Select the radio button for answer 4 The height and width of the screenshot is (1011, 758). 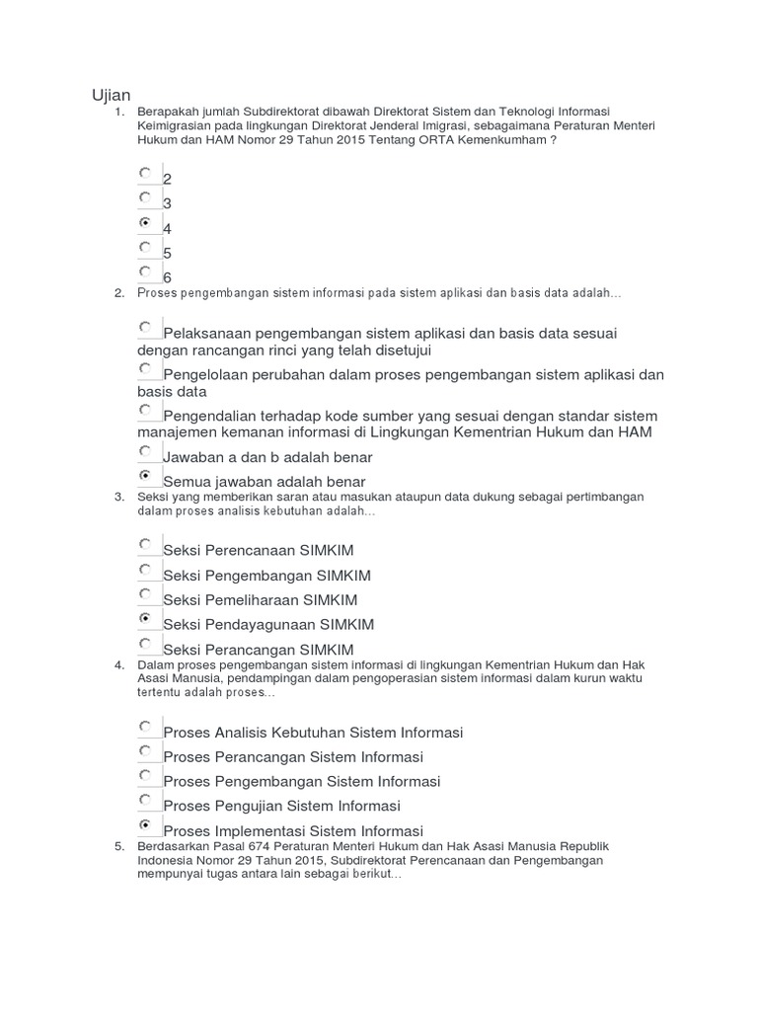(x=146, y=222)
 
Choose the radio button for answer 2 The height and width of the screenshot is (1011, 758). (x=146, y=173)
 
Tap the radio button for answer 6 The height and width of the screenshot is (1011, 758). (x=146, y=271)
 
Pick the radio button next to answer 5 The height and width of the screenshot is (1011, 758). (x=146, y=247)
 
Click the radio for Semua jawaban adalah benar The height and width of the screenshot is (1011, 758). (x=146, y=475)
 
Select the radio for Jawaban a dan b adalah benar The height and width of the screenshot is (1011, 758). (x=146, y=451)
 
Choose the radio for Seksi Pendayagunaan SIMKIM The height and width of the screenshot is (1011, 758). (x=146, y=618)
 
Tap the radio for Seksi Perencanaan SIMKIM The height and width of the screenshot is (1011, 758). (x=146, y=544)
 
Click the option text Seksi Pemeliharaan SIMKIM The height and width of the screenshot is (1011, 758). (x=260, y=600)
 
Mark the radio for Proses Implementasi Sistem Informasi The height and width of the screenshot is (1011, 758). (x=146, y=823)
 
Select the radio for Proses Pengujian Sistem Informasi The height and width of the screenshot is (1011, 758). (x=146, y=799)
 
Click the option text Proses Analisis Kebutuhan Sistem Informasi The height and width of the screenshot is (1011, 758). (x=312, y=733)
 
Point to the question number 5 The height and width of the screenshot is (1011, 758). (x=118, y=847)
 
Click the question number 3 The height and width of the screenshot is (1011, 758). (x=118, y=497)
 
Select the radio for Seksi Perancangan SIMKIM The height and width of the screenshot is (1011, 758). (x=146, y=643)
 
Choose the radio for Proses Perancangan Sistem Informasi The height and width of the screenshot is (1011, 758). (x=146, y=750)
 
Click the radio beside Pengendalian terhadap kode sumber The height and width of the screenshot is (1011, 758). (x=146, y=409)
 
